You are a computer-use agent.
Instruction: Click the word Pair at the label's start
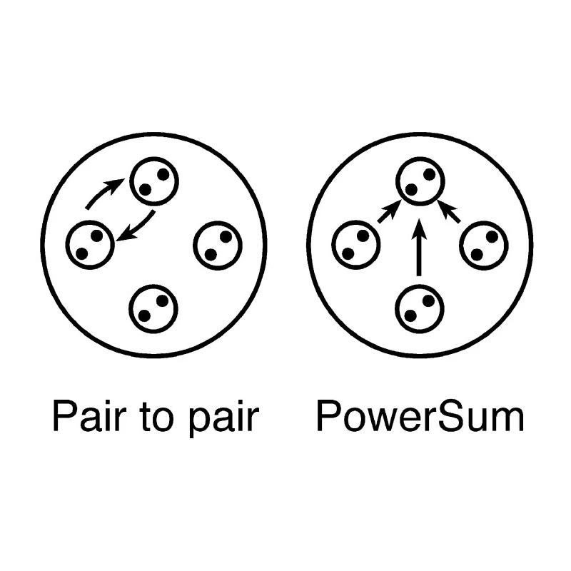tap(89, 416)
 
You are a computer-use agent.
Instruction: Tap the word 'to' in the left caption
tap(155, 418)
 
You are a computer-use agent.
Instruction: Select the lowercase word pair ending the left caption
tap(223, 420)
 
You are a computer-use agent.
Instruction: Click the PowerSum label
tap(420, 416)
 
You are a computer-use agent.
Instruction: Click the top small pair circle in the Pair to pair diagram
tap(131, 181)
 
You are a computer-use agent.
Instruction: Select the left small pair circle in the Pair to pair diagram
tap(67, 245)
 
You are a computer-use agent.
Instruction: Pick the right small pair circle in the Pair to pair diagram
tap(195, 246)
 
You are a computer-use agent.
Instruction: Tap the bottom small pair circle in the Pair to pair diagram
tap(131, 309)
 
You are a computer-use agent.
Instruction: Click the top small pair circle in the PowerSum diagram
tap(398, 181)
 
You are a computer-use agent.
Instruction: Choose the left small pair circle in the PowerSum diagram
tap(333, 245)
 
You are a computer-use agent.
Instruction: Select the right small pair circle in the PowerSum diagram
tap(461, 246)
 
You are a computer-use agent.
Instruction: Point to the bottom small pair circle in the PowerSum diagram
tap(397, 309)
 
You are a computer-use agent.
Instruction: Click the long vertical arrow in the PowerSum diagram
tap(419, 248)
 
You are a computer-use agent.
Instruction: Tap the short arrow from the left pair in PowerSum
tap(389, 212)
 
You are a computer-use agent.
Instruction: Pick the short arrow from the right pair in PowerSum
tap(449, 211)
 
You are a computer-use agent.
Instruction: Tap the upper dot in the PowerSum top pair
tap(430, 174)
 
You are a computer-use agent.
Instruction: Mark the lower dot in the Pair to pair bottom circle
tap(145, 315)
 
